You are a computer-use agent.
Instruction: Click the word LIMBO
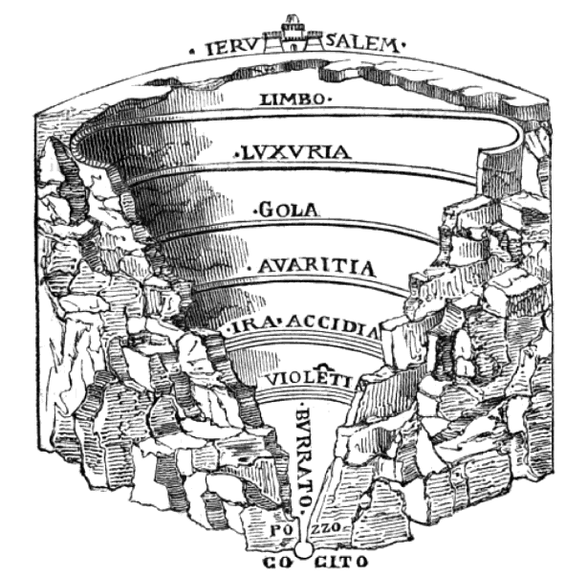pyautogui.click(x=293, y=98)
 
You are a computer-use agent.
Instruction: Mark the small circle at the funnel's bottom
pyautogui.click(x=303, y=551)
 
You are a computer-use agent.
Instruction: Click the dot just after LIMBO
pyautogui.click(x=330, y=99)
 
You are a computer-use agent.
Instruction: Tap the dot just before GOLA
pyautogui.click(x=253, y=208)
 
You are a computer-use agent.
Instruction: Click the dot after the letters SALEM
pyautogui.click(x=402, y=44)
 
